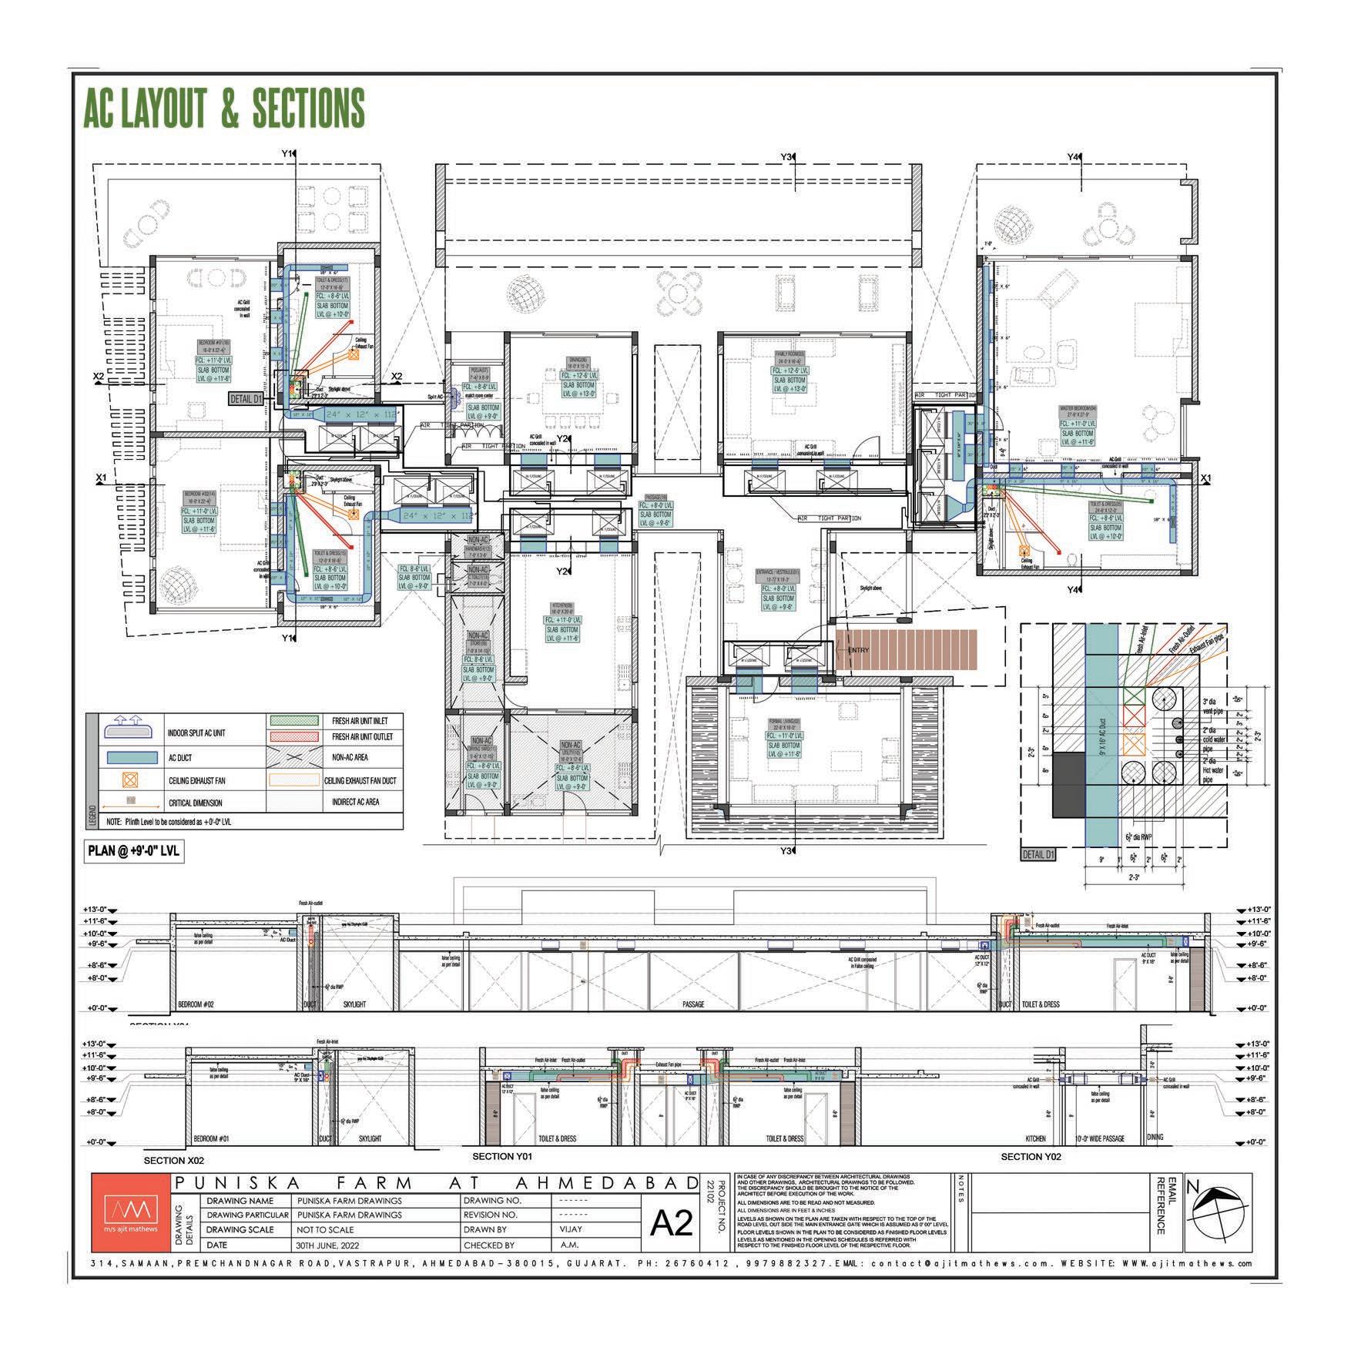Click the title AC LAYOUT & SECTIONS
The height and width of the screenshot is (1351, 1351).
[x=223, y=108]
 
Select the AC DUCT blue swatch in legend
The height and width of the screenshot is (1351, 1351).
[x=126, y=758]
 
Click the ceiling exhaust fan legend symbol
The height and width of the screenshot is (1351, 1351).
[x=126, y=780]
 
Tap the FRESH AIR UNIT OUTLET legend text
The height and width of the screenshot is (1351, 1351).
[x=362, y=736]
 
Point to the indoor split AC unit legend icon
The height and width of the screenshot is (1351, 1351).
[x=126, y=728]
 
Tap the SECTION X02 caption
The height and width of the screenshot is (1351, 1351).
[x=174, y=1159]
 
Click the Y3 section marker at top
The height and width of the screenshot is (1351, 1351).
[x=787, y=157]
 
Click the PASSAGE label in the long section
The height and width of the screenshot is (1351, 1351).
[x=693, y=1004]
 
